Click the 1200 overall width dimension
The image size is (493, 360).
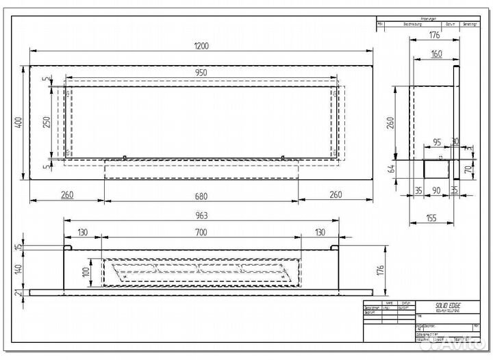click(x=201, y=46)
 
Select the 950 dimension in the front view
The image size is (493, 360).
click(x=201, y=73)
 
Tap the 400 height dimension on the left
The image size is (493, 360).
click(x=19, y=122)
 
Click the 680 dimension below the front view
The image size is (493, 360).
click(x=201, y=196)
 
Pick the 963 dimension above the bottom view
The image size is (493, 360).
click(x=201, y=215)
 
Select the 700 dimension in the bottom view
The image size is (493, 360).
click(x=201, y=233)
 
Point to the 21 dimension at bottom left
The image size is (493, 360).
click(x=19, y=294)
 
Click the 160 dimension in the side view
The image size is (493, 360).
click(x=436, y=54)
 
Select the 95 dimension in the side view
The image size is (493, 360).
click(x=436, y=142)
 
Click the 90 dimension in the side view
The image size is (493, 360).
click(x=436, y=191)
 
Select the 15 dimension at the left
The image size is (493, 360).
click(x=19, y=247)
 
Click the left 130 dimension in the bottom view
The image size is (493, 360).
click(x=81, y=233)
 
